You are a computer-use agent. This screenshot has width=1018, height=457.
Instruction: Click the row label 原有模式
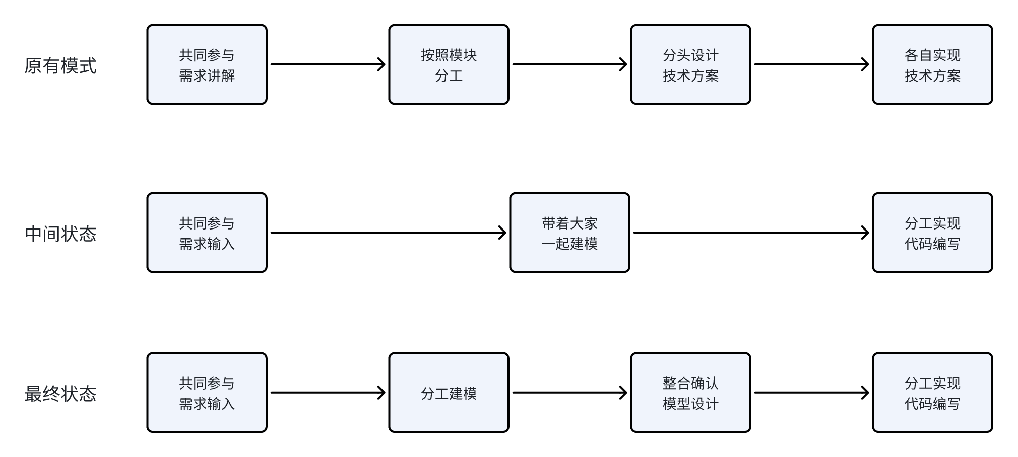(60, 66)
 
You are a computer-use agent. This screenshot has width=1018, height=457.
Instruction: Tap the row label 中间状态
(60, 234)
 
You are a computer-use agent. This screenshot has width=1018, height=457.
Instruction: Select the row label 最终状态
(60, 394)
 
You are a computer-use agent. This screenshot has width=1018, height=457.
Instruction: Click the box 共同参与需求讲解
(207, 64)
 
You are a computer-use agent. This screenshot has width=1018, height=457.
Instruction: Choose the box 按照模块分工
(449, 64)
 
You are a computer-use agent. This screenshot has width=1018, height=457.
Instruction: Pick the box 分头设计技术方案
(691, 64)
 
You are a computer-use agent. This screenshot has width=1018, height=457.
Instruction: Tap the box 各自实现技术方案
(933, 64)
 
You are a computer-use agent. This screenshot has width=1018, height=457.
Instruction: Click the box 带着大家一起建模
(570, 233)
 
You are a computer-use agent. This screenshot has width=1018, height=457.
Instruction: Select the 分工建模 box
(449, 393)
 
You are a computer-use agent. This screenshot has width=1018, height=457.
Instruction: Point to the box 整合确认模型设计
(691, 393)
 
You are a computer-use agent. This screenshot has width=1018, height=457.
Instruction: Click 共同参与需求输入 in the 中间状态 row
(207, 233)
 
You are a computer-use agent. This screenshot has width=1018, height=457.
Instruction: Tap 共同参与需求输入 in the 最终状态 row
(207, 393)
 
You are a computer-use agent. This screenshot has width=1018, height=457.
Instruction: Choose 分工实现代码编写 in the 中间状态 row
(933, 233)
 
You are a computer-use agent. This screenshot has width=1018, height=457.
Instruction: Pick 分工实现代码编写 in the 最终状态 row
(933, 393)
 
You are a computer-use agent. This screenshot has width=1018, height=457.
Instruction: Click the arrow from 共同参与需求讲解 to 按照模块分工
(328, 64)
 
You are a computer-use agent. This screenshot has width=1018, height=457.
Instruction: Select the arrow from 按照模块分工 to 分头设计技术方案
(570, 64)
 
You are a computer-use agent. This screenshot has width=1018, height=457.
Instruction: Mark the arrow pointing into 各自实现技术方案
(812, 64)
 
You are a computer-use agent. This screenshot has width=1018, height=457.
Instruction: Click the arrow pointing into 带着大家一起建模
(389, 233)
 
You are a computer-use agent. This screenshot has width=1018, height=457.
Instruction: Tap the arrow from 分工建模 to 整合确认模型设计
(570, 393)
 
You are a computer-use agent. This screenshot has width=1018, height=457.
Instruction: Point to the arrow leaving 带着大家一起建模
(751, 233)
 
